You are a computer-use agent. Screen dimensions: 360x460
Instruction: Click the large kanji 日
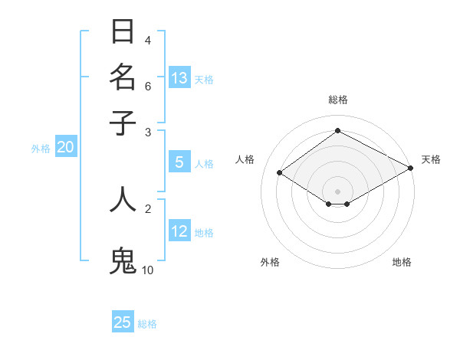tap(123, 32)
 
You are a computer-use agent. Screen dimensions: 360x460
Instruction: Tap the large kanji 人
tap(123, 198)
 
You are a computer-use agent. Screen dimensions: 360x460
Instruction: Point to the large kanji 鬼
tap(123, 260)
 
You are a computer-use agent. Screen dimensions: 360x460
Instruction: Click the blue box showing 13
tap(179, 78)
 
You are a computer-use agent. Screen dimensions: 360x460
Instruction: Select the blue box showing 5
tap(179, 162)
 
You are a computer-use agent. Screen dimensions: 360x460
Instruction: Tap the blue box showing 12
tap(179, 231)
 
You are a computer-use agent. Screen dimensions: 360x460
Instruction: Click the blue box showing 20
tap(65, 148)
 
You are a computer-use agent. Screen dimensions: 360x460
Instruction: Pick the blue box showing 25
tap(123, 322)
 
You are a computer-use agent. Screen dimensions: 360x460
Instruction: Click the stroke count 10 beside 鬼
tap(147, 270)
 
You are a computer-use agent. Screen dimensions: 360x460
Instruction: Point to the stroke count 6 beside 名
tap(148, 86)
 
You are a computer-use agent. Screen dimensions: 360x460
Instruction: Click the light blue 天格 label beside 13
tap(204, 79)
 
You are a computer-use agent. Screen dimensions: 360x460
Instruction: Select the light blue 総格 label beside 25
tap(147, 323)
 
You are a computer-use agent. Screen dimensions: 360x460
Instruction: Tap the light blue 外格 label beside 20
tap(40, 149)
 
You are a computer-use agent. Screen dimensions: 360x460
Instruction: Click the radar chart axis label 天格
tap(431, 159)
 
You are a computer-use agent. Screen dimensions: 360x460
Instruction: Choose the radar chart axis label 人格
tap(245, 159)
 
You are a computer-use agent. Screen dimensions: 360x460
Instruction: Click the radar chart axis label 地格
tap(402, 262)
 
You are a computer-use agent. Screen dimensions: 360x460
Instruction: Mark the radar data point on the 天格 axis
tap(411, 168)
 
